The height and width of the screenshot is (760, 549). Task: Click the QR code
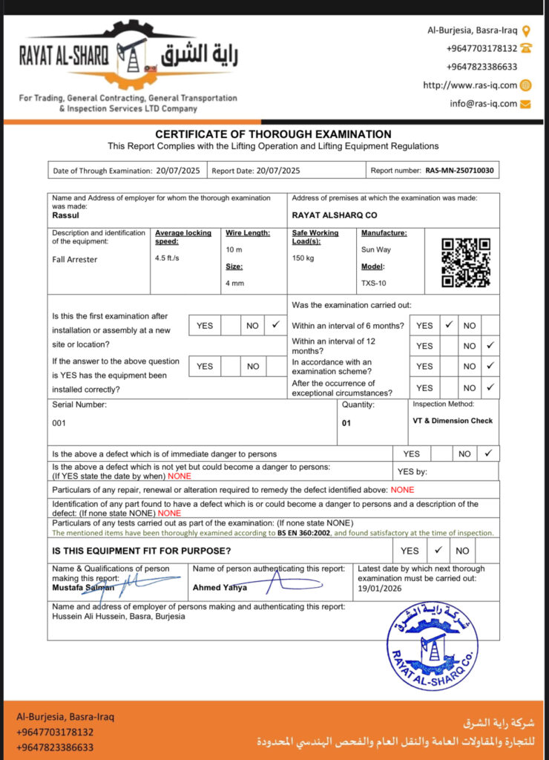point(466,263)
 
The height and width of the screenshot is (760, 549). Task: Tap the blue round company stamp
point(433,645)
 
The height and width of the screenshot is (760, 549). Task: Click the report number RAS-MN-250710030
point(460,171)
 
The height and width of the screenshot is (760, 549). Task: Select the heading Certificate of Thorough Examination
point(273,134)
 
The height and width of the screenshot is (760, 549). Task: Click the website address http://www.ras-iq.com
point(470,85)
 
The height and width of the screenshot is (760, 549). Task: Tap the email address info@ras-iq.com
point(483,104)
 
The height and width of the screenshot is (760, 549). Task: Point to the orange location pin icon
point(526,30)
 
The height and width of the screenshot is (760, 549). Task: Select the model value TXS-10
point(373,283)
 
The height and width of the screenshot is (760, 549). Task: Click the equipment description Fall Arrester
point(74,260)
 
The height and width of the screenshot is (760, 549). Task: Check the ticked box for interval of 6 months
point(448,325)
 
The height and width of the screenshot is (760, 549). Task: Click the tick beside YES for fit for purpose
point(438,550)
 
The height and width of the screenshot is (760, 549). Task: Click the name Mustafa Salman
point(83,588)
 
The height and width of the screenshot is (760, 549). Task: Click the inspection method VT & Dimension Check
point(453,421)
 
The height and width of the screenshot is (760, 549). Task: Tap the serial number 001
point(59,423)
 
